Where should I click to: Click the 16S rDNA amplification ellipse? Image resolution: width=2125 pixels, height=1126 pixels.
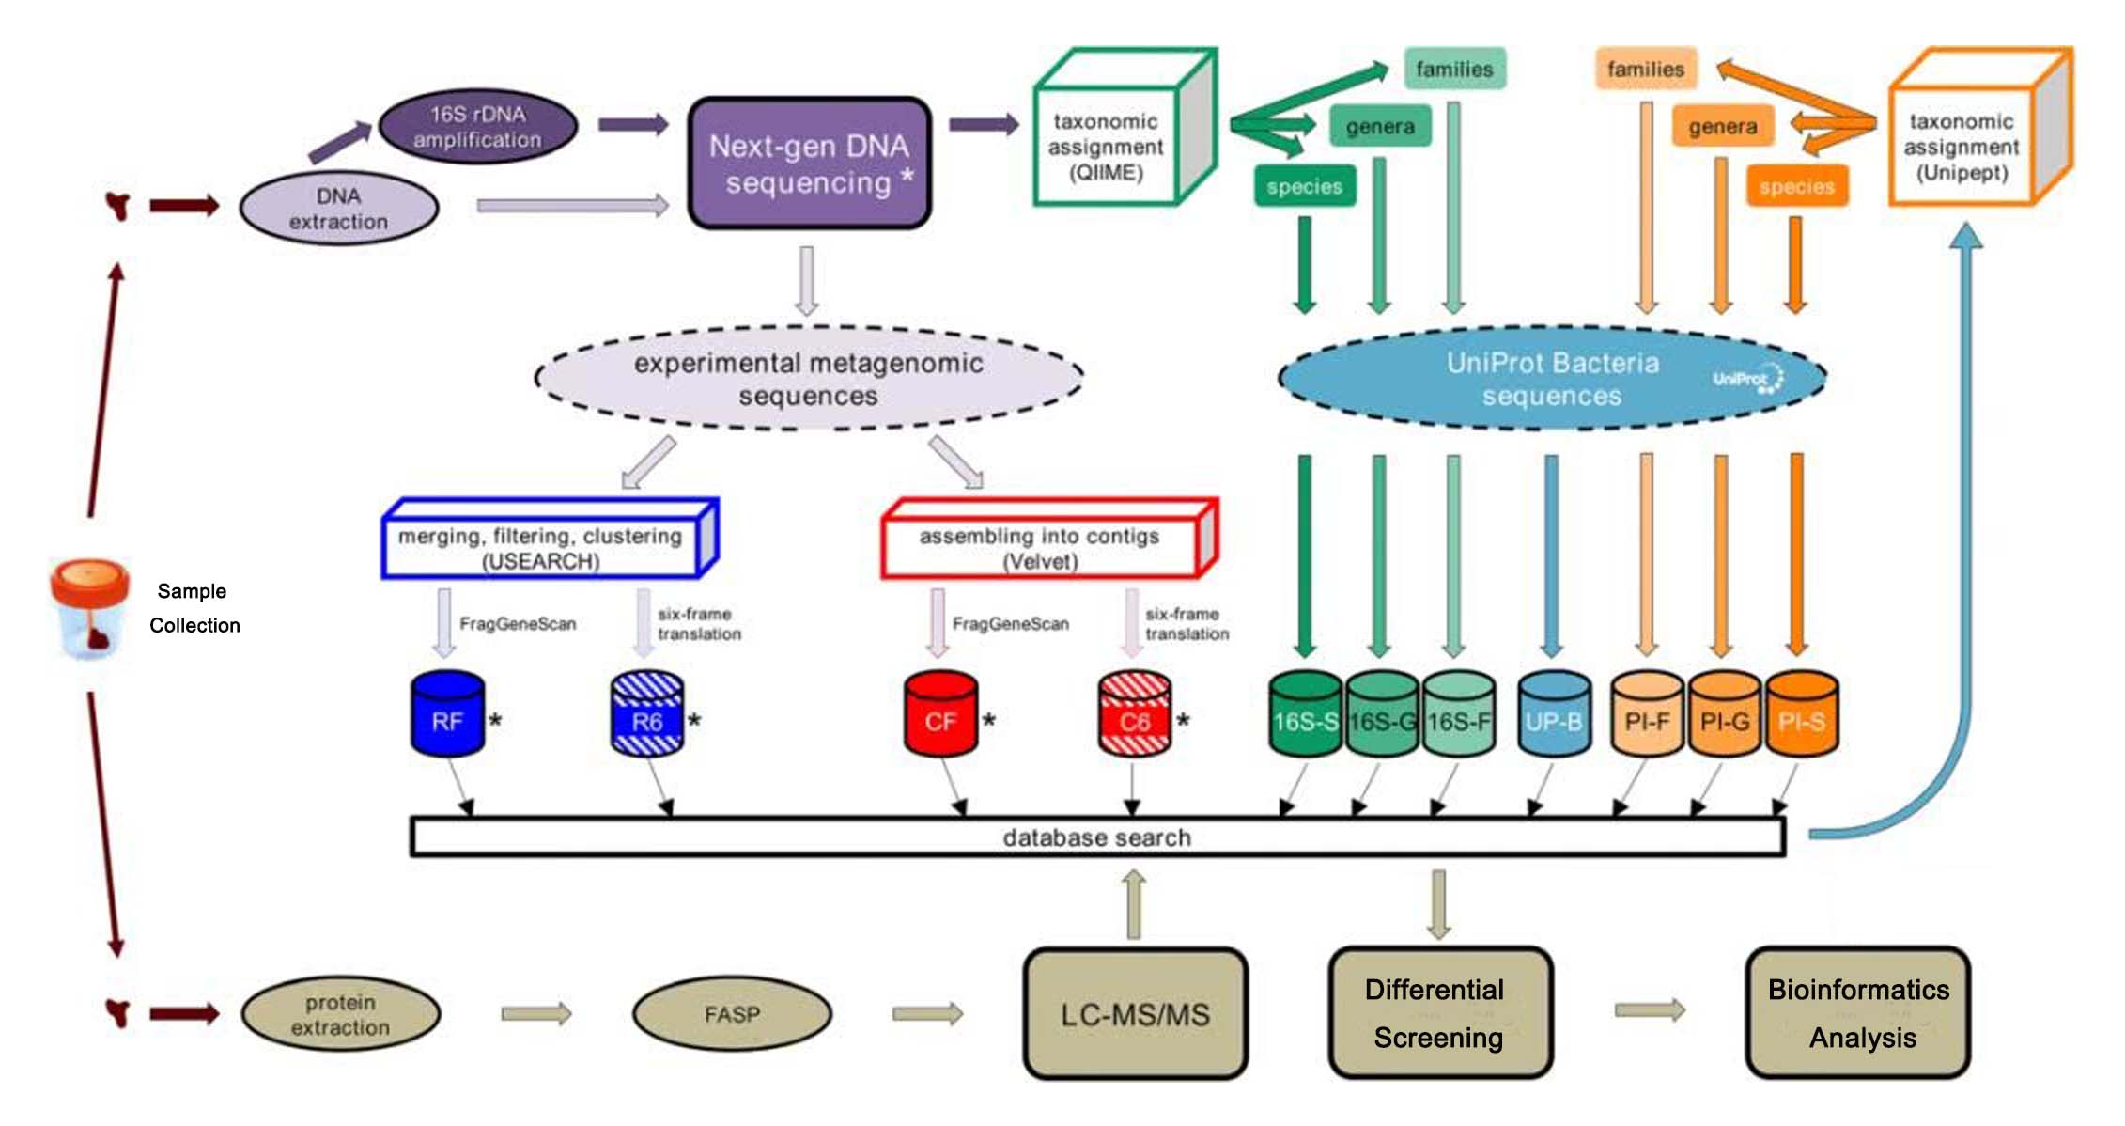[477, 127]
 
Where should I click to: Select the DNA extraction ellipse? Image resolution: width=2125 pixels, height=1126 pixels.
[338, 209]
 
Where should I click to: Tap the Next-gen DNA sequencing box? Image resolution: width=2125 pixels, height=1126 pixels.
[809, 164]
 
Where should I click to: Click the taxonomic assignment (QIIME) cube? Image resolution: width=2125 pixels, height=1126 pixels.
[1107, 147]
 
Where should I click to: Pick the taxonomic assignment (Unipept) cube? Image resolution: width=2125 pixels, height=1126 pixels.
[1962, 147]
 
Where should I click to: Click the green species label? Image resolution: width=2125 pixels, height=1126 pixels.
[1304, 186]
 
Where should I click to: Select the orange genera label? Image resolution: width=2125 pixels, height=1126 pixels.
[1722, 127]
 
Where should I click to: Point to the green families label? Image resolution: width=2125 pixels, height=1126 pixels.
[1454, 69]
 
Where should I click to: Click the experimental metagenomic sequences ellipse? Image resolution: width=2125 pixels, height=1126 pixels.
[808, 379]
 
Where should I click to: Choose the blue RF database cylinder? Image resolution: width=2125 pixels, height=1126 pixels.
[447, 714]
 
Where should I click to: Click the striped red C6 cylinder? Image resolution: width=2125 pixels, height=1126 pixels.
[1134, 714]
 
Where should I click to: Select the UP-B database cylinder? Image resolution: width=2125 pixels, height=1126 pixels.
[1553, 714]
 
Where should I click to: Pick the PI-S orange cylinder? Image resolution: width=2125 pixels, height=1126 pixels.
[1801, 714]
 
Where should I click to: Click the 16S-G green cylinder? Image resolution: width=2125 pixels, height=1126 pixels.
[1381, 714]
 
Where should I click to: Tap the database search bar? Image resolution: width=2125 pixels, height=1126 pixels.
[1096, 837]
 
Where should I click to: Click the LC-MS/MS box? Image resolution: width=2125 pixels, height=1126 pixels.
[1135, 1013]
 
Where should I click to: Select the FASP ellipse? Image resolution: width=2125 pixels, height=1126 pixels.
[732, 1014]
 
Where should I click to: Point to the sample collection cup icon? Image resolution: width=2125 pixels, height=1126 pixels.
[88, 609]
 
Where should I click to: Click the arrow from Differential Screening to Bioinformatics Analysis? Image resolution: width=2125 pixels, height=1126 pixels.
[1650, 1010]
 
